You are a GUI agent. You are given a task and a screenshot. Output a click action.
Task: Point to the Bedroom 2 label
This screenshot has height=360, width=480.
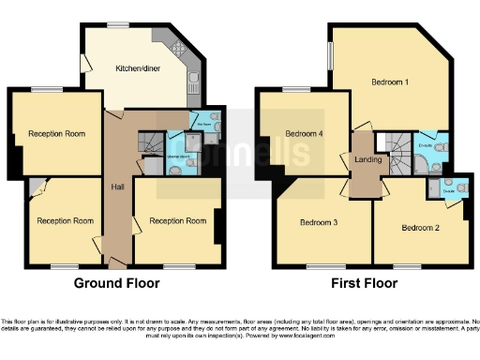tap(420, 227)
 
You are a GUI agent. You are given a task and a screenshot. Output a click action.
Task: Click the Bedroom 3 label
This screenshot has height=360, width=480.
tap(319, 222)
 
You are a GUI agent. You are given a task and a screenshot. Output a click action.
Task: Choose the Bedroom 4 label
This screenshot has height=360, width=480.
tap(305, 133)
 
